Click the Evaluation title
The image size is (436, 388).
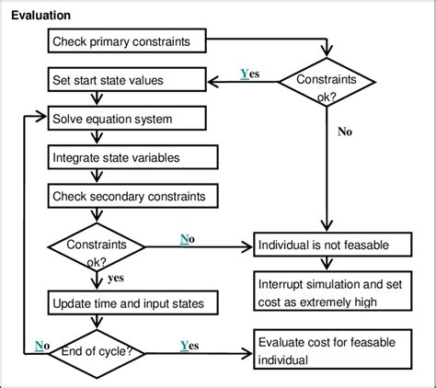(41, 17)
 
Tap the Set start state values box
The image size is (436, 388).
(125, 80)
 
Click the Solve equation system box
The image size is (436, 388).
(124, 120)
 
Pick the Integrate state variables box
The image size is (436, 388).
(124, 158)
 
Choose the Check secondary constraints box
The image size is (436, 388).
(124, 196)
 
